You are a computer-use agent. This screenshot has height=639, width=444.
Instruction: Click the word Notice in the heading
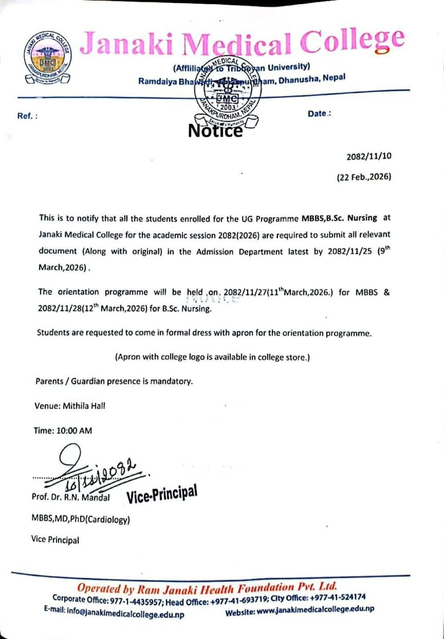[x=215, y=131]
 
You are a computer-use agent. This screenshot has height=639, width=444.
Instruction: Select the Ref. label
[x=27, y=116]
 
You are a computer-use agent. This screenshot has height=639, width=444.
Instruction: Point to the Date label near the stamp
[x=318, y=114]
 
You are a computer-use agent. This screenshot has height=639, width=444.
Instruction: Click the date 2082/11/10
[x=369, y=156]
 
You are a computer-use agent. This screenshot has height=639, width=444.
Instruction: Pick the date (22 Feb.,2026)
[x=364, y=177]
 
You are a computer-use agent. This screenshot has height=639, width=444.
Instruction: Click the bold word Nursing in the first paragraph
[x=362, y=218]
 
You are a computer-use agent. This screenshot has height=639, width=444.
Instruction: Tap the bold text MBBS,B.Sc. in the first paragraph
[x=322, y=218]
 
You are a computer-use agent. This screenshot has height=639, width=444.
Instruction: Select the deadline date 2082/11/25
[x=350, y=251]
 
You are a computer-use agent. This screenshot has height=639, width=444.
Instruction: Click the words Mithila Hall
[x=84, y=406]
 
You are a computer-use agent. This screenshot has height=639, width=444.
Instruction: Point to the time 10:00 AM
[x=74, y=431]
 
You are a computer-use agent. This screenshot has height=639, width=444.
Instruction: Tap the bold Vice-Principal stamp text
[x=162, y=494]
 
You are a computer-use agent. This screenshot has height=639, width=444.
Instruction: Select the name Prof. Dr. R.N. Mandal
[x=71, y=497]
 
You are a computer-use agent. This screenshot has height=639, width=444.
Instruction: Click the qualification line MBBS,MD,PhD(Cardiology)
[x=80, y=519]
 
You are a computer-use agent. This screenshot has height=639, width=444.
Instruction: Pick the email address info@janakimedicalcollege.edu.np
[x=125, y=614]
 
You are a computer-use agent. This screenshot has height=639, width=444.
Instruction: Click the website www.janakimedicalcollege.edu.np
[x=315, y=611]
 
